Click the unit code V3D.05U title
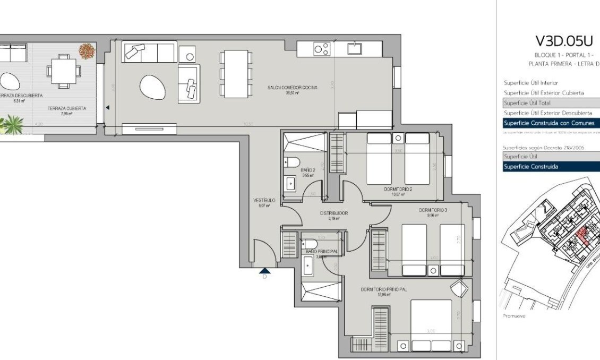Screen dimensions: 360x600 tap(563, 41)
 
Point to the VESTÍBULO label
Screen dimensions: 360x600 tap(264, 201)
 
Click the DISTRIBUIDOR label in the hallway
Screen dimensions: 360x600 tap(333, 213)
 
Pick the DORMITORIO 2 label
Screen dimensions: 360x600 tap(398, 189)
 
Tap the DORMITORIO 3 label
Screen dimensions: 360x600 tap(433, 210)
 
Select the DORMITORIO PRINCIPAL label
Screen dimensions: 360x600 tap(383, 289)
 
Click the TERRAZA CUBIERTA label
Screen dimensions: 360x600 tap(66, 108)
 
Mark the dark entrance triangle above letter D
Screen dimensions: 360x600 tap(264, 270)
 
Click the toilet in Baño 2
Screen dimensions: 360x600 tap(294, 162)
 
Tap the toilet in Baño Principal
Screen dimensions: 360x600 tap(311, 244)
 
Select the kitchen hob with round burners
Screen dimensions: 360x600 tap(321, 49)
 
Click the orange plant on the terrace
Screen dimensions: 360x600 tap(87, 51)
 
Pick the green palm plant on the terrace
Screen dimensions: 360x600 tap(12, 125)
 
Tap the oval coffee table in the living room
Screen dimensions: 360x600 tap(152, 87)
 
